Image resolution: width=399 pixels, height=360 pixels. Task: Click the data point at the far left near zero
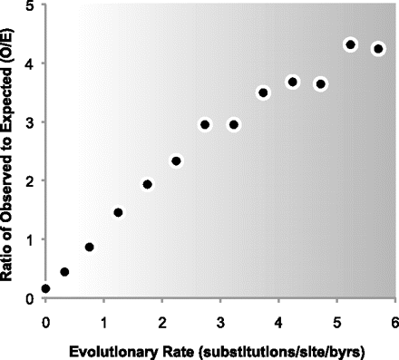pos(45,288)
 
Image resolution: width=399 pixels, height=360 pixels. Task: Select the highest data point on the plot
pos(351,44)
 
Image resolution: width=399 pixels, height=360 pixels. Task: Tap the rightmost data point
pos(378,49)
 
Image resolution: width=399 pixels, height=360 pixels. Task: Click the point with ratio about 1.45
pos(118,213)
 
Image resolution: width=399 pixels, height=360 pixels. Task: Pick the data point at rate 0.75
pos(89,247)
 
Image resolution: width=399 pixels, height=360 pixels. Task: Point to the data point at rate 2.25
pos(176,161)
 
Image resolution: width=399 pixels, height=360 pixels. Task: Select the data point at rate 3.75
pos(263,92)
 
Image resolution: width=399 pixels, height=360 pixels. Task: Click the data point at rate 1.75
pos(147,184)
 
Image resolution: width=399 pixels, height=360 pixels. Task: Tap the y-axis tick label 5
pos(32,6)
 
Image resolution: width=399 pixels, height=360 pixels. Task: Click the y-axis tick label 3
pos(32,122)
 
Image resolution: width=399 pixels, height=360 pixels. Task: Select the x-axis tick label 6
pos(394,321)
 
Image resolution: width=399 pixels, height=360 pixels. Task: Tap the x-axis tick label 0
pos(45,321)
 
